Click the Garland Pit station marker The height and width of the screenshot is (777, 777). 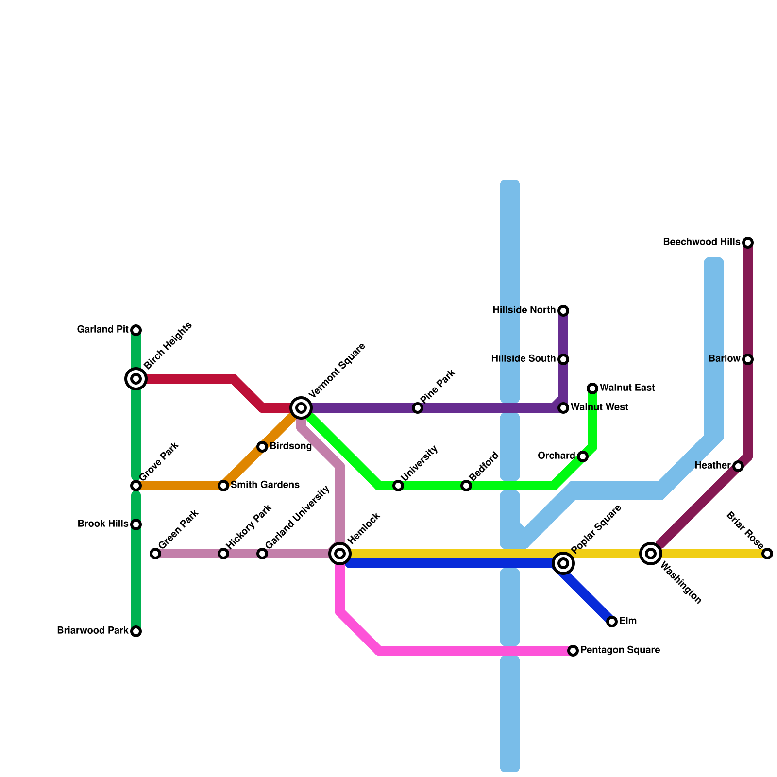click(136, 330)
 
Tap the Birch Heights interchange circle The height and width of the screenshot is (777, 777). click(136, 379)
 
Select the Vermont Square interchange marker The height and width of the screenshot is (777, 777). click(301, 408)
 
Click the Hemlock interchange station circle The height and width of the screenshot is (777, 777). click(340, 554)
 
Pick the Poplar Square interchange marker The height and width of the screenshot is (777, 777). click(563, 563)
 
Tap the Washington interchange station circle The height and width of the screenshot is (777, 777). click(651, 554)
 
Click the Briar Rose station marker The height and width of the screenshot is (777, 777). click(767, 554)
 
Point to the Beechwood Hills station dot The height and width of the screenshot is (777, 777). click(748, 242)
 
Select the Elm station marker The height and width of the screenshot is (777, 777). click(612, 622)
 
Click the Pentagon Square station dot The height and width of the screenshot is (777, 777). click(573, 651)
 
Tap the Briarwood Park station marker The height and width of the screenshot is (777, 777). click(136, 631)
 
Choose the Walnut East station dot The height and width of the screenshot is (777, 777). click(592, 388)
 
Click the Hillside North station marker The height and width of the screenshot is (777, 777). click(563, 311)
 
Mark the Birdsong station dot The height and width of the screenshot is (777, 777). click(262, 447)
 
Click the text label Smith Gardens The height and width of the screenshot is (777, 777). click(265, 485)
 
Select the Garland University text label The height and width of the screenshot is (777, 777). click(298, 517)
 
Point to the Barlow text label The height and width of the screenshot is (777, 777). click(724, 359)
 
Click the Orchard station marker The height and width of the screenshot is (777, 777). click(583, 456)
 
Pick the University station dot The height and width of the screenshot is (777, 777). click(398, 486)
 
